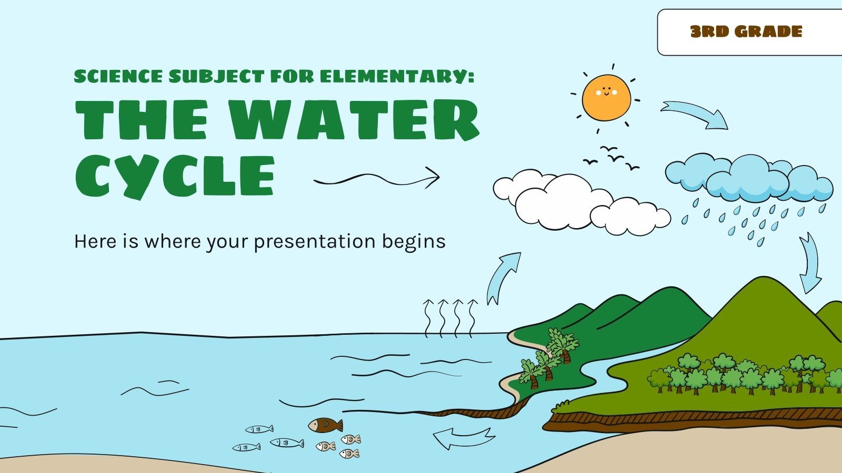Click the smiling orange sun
click(x=606, y=98)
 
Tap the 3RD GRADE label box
click(x=746, y=32)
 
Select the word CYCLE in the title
click(x=175, y=170)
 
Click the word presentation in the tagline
click(x=314, y=242)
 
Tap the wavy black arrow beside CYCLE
click(x=377, y=178)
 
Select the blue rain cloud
click(x=748, y=177)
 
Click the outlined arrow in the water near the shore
click(x=463, y=438)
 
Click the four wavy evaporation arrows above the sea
click(x=450, y=317)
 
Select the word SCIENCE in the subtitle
click(x=118, y=77)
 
